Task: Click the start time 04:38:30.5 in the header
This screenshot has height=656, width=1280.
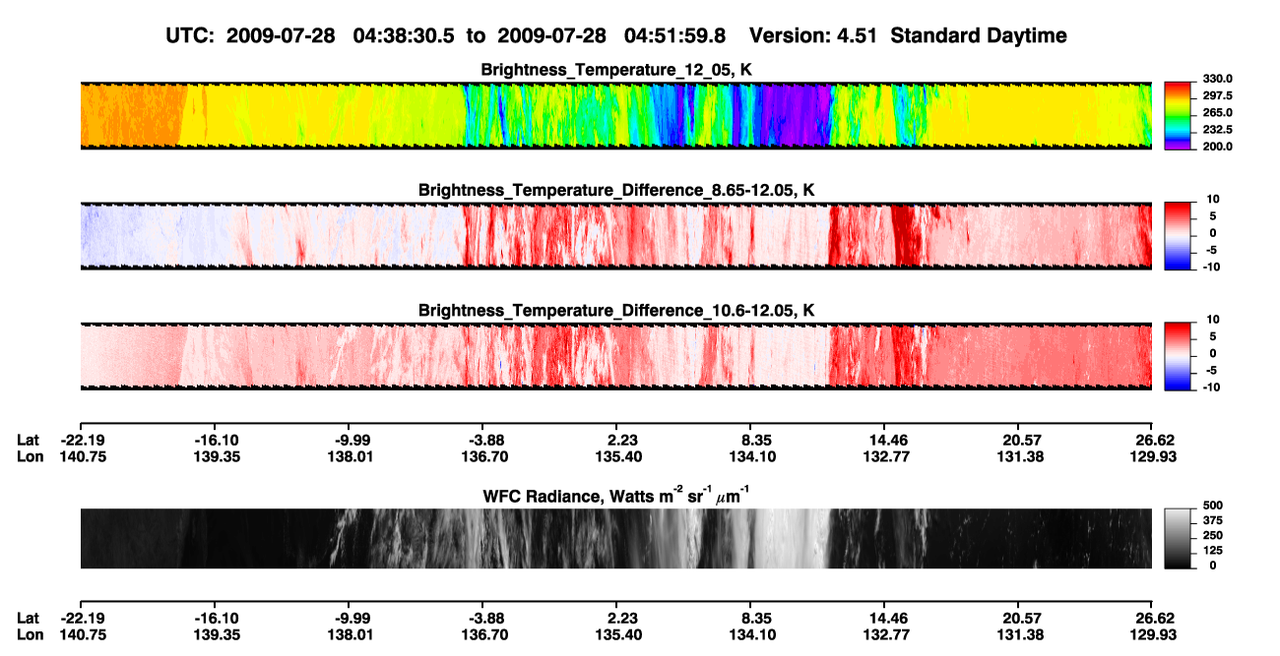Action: point(404,35)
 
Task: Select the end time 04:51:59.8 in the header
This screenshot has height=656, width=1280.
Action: point(674,35)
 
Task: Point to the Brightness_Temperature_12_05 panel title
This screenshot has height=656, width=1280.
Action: point(616,70)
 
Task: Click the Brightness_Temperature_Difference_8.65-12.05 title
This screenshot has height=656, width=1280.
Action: point(616,190)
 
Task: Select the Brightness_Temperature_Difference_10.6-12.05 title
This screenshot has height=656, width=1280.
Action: point(616,311)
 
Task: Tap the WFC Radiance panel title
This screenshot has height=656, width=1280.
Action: point(616,496)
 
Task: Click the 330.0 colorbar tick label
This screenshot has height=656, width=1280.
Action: point(1217,79)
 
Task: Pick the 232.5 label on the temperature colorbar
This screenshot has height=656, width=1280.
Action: point(1217,130)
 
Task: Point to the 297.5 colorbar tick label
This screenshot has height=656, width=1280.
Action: point(1217,96)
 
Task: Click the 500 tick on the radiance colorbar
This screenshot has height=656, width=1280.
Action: point(1213,506)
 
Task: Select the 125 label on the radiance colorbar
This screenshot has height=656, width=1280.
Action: point(1213,551)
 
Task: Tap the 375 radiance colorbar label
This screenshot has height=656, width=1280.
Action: point(1213,520)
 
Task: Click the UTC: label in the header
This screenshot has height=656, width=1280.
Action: point(190,35)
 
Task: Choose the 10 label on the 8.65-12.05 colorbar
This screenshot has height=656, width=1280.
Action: point(1213,200)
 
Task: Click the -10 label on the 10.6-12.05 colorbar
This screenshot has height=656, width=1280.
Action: point(1211,388)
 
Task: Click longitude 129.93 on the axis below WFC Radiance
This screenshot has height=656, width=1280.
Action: point(1153,635)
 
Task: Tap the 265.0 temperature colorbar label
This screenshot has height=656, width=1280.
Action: point(1217,112)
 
